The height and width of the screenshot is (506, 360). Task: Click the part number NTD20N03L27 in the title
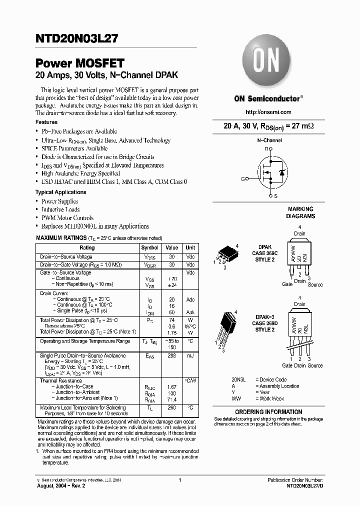coord(76,37)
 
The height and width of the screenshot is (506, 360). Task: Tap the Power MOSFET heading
coord(79,63)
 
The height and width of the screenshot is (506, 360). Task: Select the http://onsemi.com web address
coord(268,112)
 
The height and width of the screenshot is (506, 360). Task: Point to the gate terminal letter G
coord(242,178)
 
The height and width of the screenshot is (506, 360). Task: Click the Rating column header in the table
coord(87,247)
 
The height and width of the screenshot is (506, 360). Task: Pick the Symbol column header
coord(149,247)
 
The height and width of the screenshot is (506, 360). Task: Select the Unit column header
coord(190,247)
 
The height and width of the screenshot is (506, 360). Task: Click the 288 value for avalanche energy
coord(171,356)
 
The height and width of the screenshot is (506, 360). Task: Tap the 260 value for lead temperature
coord(171,408)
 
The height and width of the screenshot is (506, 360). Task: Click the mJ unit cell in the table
coord(190,356)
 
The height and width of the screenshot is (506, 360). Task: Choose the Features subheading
coord(46,122)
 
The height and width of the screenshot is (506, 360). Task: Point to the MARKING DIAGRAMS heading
coord(300,212)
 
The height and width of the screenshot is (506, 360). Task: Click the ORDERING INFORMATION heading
coord(268,412)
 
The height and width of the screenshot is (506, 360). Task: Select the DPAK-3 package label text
coord(264,317)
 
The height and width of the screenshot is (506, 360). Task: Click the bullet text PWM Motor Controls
coord(67,218)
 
